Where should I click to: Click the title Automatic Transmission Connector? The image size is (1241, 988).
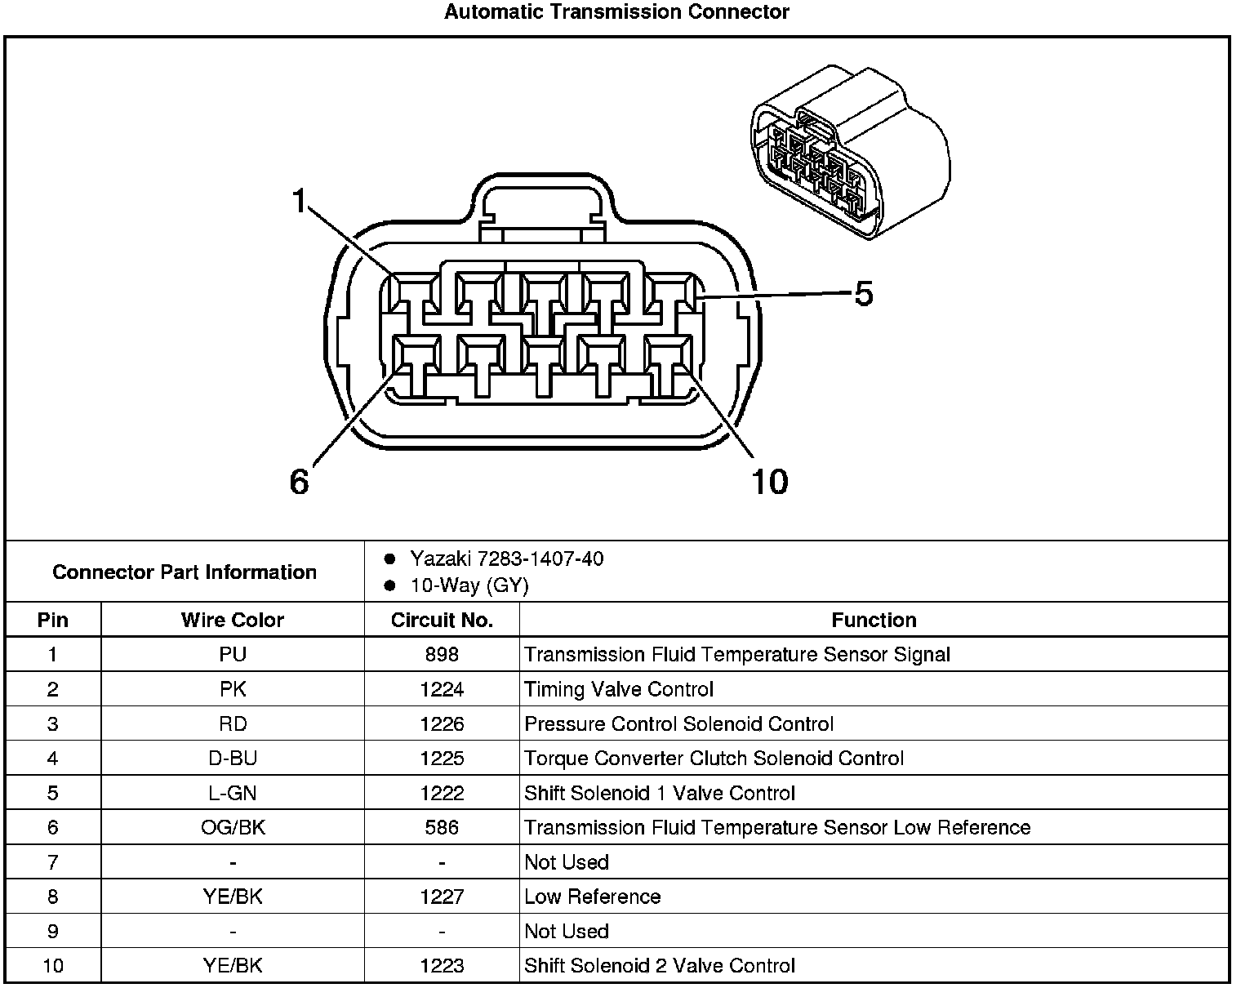pos(616,12)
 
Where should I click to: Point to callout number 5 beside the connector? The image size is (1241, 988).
pos(864,294)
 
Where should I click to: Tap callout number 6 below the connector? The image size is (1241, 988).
pos(300,482)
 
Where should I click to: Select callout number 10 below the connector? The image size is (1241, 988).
pos(769,482)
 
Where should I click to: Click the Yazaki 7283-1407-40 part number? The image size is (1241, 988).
pos(506,559)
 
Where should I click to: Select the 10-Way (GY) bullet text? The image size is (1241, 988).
pos(469,585)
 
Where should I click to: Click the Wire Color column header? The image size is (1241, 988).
pos(233,620)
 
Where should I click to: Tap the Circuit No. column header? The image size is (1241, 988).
pos(442,620)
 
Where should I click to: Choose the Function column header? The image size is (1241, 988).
pos(874,620)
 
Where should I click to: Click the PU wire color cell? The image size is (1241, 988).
pos(233,654)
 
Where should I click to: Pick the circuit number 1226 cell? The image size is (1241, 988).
pos(442,723)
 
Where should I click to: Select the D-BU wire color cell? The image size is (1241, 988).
pos(233,759)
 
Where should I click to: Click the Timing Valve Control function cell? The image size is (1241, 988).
pos(619,689)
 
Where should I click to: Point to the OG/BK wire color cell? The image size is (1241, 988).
pos(233,827)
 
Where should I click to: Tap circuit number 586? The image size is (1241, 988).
pos(442,827)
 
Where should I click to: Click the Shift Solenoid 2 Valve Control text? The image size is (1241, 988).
pos(660,966)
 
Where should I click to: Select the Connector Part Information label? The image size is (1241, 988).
pos(185,572)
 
